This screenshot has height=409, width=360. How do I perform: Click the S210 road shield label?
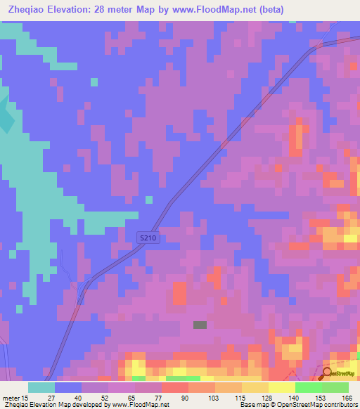coord(148,239)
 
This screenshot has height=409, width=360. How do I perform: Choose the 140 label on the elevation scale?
coord(300,397)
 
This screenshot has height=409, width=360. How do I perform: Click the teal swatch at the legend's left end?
coord(41,387)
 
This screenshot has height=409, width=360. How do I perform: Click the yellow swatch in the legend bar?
coord(282,387)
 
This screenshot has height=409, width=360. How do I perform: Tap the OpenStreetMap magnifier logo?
coord(328,372)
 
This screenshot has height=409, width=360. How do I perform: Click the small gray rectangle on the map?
coord(200,325)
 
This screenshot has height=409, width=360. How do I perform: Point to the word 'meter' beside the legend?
coord(11,397)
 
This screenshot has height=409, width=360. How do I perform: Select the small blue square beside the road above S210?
coord(148,200)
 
